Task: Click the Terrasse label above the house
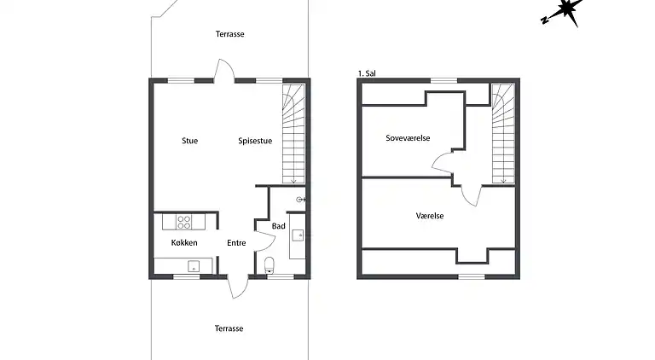[x=229, y=34]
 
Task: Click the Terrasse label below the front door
[x=229, y=328]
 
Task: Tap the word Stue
[x=189, y=141]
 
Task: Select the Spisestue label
[x=255, y=141]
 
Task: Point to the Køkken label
[x=184, y=243]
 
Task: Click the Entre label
[x=236, y=243]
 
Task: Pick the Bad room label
[x=278, y=226]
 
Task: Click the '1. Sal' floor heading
[x=367, y=74]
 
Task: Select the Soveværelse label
[x=407, y=137]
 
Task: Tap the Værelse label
[x=429, y=216]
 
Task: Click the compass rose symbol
[x=563, y=12]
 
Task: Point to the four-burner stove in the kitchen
[x=184, y=222]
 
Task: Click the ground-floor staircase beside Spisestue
[x=293, y=132]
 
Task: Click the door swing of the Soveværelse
[x=444, y=162]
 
